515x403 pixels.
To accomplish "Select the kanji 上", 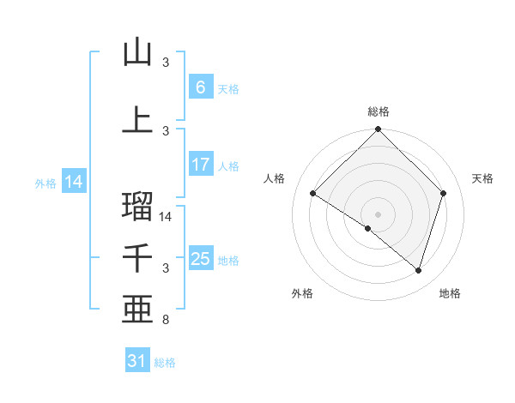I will point(137,119).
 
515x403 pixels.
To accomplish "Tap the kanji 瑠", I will point(137,206).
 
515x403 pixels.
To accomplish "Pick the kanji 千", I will point(137,258).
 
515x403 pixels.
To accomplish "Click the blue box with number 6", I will point(200,87).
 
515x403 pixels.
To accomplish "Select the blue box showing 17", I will point(200,165).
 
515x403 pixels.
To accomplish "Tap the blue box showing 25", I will point(200,259).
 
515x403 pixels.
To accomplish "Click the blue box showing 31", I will point(137,361).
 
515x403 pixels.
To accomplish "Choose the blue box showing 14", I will point(73,182).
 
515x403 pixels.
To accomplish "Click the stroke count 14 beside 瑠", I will point(167,217).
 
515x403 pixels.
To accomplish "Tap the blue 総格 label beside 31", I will point(165,363).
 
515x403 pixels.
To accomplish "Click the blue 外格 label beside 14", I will point(45,183).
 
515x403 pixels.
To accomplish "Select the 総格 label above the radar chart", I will point(378,111).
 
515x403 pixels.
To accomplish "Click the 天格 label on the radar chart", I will point(482,178).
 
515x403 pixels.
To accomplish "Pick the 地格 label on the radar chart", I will point(450,293).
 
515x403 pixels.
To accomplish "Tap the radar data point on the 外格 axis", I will point(368,228).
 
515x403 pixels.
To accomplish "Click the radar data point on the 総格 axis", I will point(378,129).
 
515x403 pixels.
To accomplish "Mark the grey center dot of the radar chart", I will point(378,214).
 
